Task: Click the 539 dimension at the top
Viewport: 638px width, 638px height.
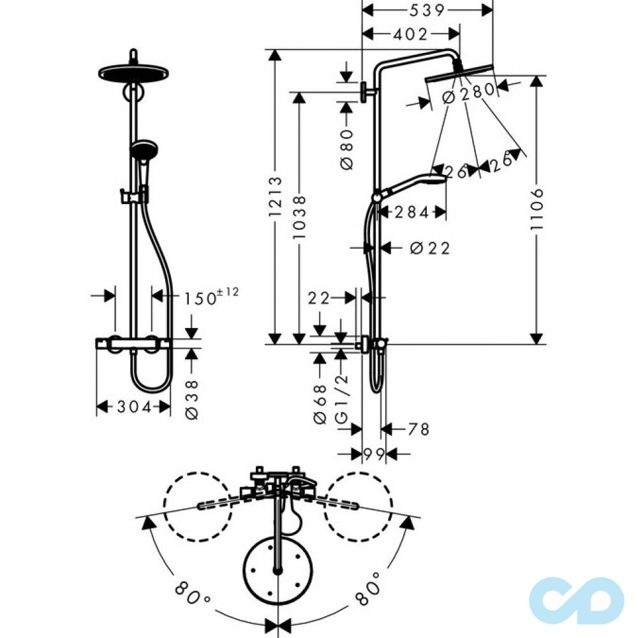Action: pos(427,10)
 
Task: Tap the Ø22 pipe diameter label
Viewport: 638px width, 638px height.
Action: pos(429,248)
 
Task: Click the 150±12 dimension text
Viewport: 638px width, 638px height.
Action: pos(211,297)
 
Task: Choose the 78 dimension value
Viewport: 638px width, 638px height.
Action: pos(419,429)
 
